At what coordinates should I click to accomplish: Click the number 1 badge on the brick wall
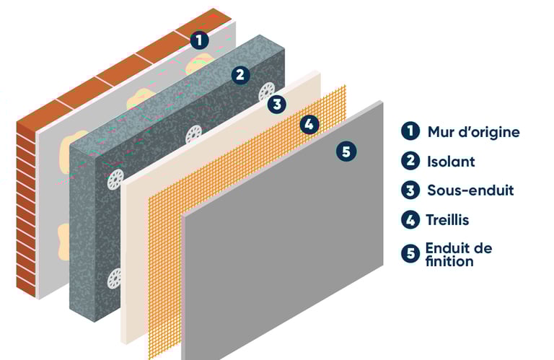[x=199, y=40]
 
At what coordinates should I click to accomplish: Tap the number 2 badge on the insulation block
[x=240, y=75]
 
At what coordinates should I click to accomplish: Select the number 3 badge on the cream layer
[x=277, y=104]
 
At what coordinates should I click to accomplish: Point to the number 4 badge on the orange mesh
[x=309, y=124]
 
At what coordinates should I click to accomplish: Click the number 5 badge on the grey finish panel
[x=346, y=152]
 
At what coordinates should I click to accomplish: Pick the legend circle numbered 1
[x=410, y=131]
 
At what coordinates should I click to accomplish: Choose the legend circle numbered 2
[x=410, y=161]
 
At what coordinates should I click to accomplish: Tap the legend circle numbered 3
[x=410, y=190]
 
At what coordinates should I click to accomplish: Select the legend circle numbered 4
[x=410, y=220]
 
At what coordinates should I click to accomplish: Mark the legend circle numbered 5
[x=410, y=253]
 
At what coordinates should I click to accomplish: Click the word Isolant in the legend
[x=451, y=162]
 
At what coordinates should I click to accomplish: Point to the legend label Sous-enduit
[x=470, y=190]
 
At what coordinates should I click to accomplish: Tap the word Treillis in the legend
[x=448, y=220]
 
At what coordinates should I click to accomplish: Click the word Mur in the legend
[x=441, y=132]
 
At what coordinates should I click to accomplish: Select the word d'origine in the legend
[x=488, y=133]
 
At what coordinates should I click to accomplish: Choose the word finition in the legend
[x=449, y=261]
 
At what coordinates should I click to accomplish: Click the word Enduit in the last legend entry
[x=447, y=248]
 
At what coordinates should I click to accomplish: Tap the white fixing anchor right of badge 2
[x=267, y=92]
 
